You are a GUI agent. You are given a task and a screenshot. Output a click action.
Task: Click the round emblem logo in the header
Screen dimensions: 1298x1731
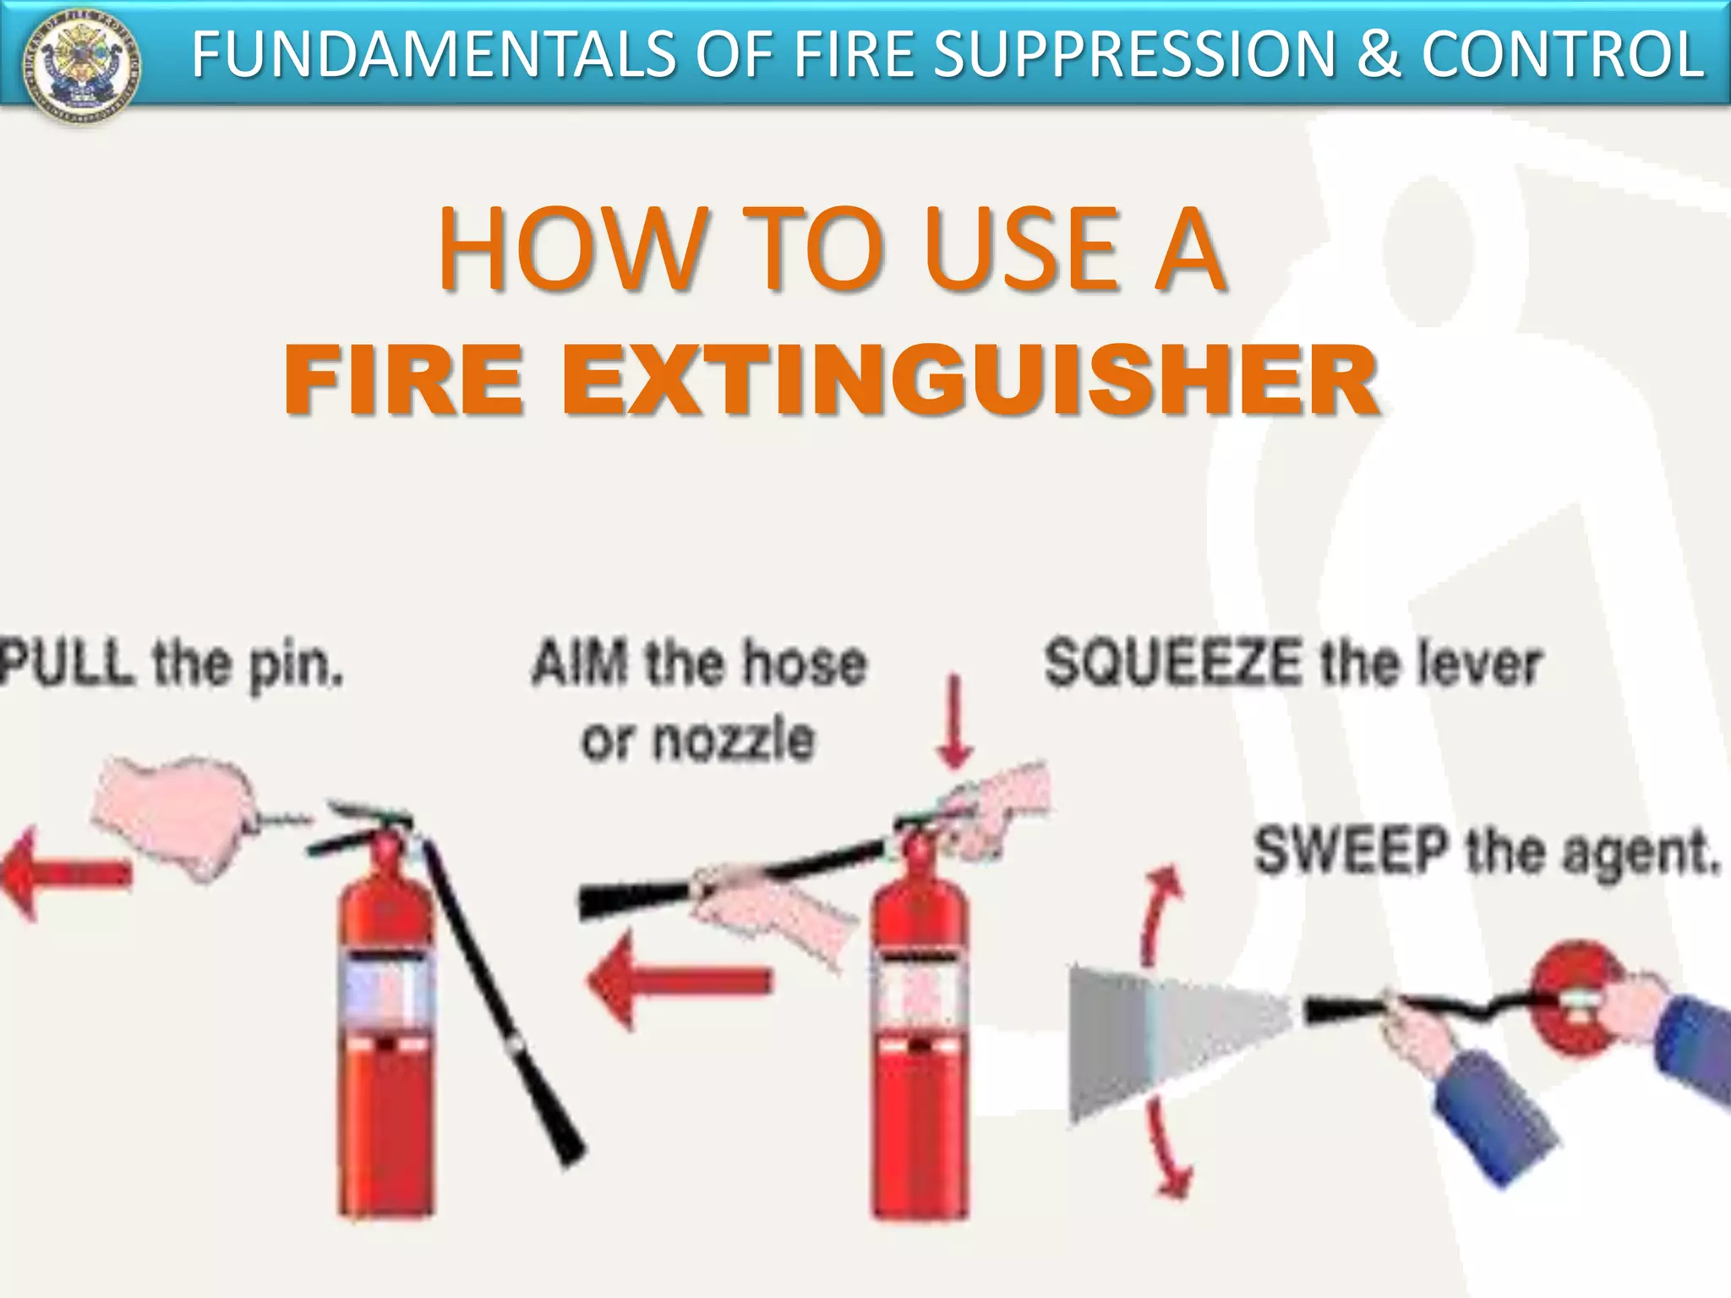coord(82,64)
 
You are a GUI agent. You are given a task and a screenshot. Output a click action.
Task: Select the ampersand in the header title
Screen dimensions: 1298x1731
coord(1376,54)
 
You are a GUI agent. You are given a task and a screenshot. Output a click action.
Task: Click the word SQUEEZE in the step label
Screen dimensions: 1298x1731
coord(1173,663)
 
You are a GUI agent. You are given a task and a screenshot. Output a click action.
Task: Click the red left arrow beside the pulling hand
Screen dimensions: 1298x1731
coord(63,874)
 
